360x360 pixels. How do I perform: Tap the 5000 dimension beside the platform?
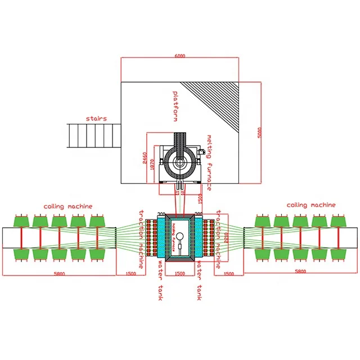click(x=259, y=132)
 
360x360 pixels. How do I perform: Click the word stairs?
click(x=96, y=119)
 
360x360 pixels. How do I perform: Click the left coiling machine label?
click(x=68, y=206)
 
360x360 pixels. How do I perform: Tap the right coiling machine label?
click(x=311, y=205)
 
